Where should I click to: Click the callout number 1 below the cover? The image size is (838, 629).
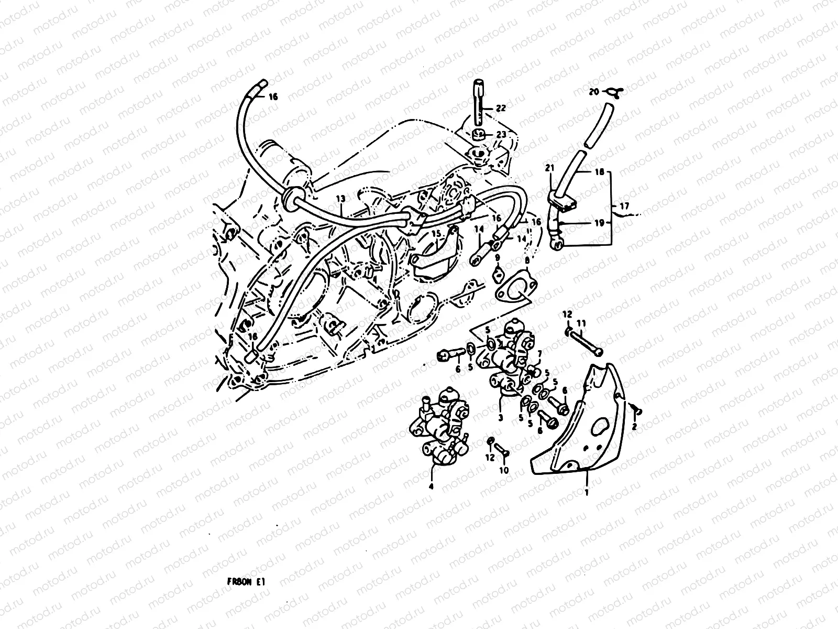point(587,493)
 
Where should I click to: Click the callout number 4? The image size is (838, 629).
point(431,486)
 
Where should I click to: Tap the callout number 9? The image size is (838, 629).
point(497,257)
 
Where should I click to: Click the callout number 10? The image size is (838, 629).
point(504,470)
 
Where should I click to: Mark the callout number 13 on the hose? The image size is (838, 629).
point(340,199)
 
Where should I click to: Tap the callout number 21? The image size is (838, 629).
point(549,168)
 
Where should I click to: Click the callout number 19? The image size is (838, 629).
point(599,222)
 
